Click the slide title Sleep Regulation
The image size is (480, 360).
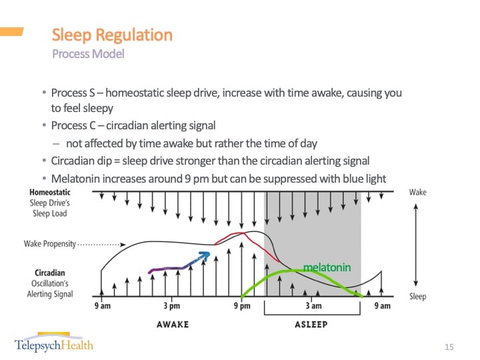(112, 35)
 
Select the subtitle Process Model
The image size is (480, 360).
(88, 54)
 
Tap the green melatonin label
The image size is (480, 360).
(327, 267)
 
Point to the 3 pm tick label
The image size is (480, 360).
(171, 306)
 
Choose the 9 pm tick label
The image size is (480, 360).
(241, 306)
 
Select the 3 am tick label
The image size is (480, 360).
(313, 306)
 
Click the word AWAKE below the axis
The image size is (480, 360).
(173, 324)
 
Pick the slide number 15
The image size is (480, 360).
(449, 347)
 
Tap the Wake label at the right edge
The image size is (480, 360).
(417, 192)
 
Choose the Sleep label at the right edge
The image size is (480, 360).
(417, 297)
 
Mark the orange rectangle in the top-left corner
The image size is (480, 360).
(11, 31)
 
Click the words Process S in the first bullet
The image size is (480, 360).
(73, 93)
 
